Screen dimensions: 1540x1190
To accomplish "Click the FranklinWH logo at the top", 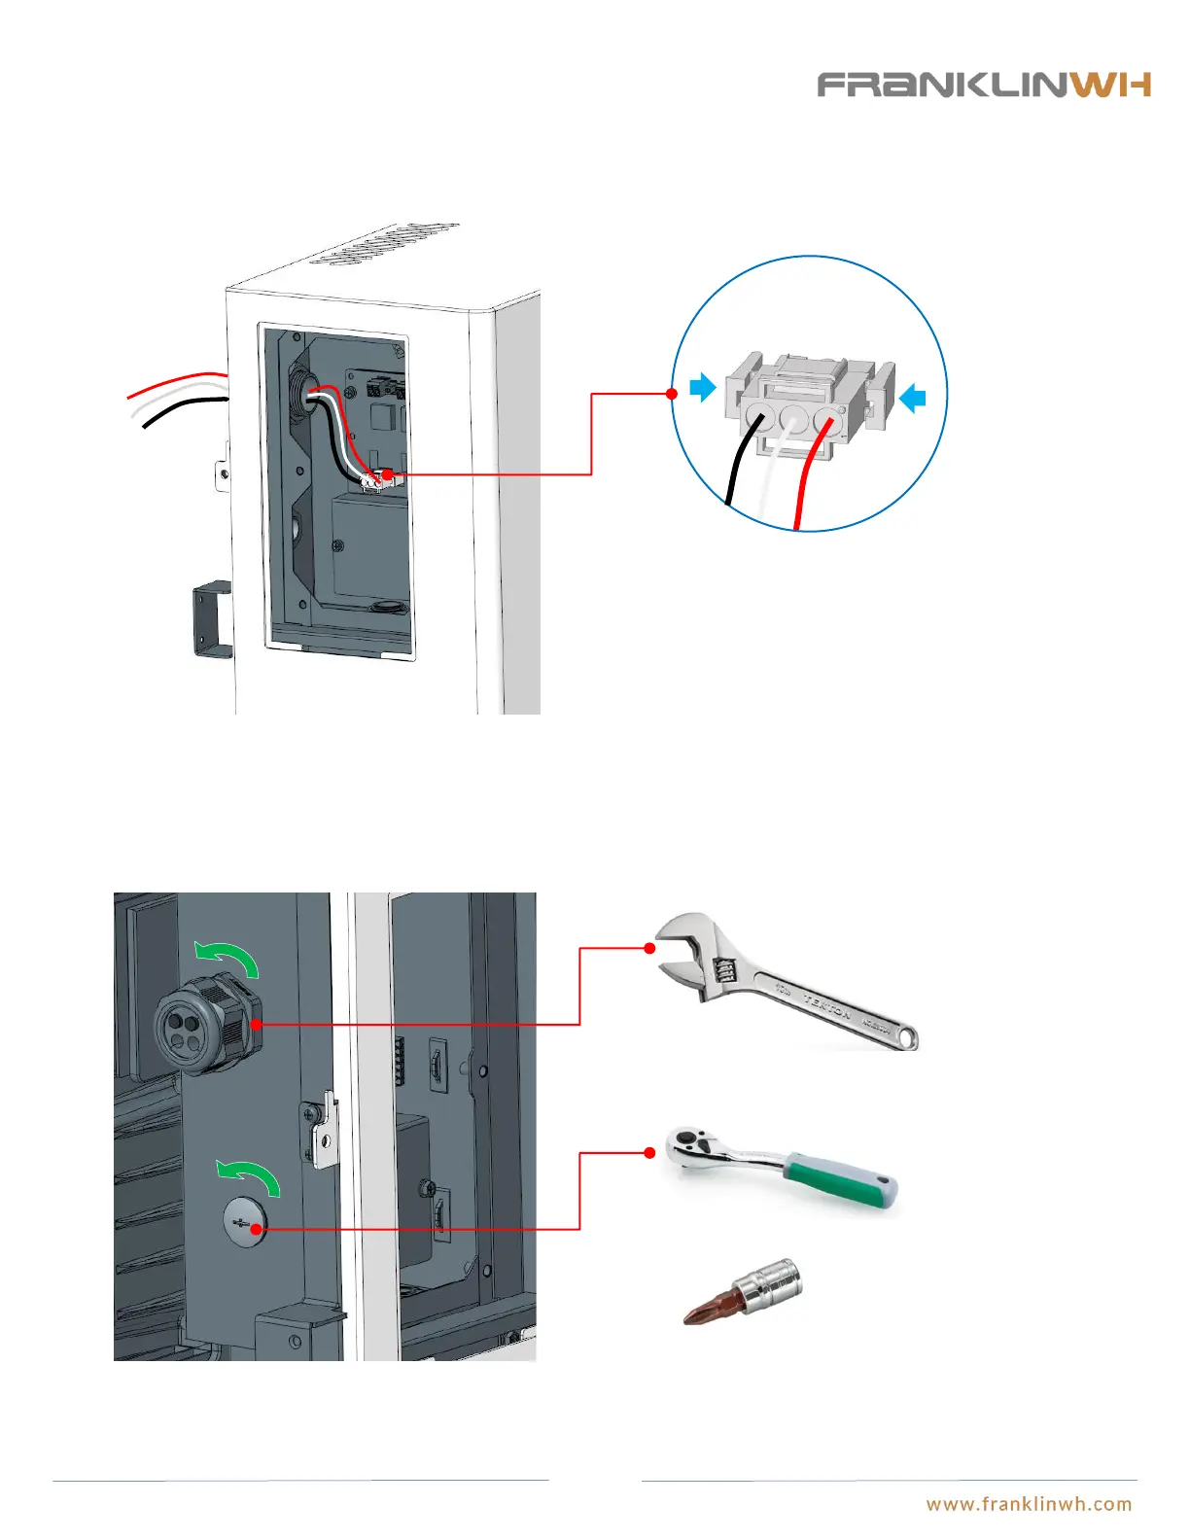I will tap(983, 85).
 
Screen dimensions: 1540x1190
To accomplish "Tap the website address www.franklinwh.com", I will tap(1029, 1504).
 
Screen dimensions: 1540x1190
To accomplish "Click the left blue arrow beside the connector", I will tap(702, 388).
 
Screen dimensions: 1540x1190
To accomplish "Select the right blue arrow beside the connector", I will tap(912, 397).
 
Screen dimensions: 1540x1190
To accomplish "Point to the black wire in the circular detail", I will tap(738, 467).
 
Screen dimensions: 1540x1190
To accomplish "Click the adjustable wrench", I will tap(787, 981).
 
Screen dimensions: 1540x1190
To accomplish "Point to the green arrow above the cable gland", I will tap(228, 957).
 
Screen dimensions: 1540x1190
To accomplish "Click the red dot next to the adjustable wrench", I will tap(649, 947).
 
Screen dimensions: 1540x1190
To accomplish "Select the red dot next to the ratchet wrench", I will tap(649, 1153).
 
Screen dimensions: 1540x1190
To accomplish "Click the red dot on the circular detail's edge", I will tap(672, 394).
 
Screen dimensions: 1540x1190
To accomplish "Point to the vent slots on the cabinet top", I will tap(383, 244).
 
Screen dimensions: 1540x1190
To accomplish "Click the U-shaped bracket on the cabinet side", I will tap(212, 618).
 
